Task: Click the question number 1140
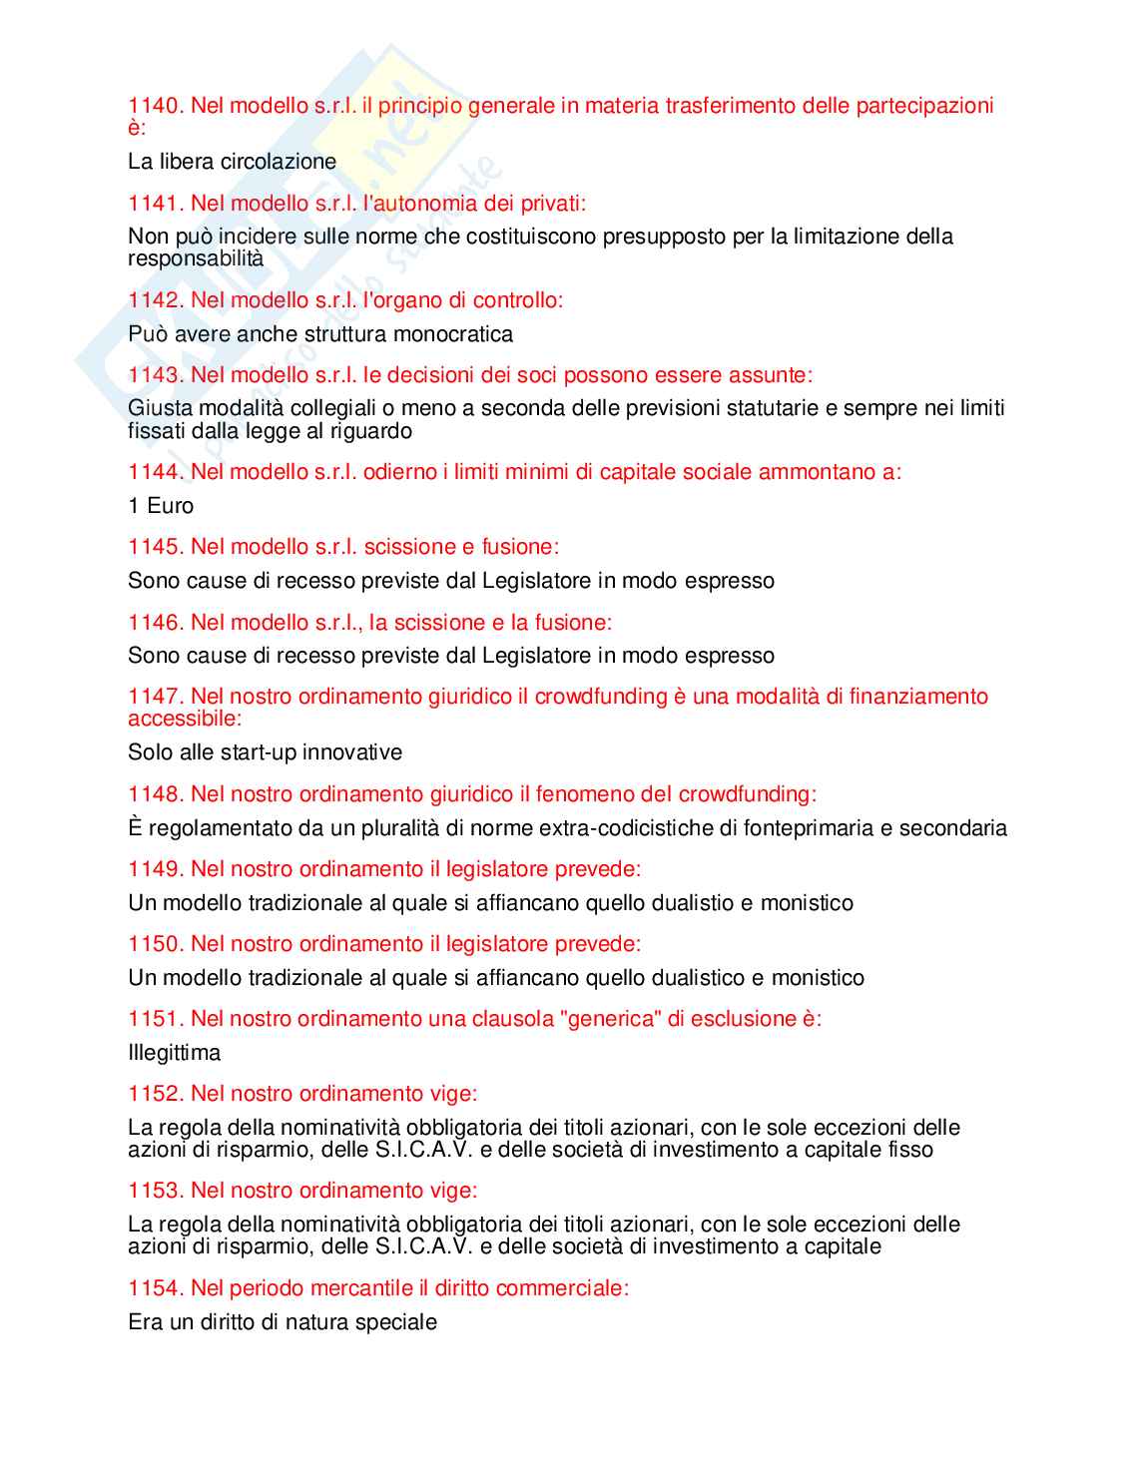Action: pyautogui.click(x=155, y=106)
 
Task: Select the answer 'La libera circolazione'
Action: pyautogui.click(x=232, y=162)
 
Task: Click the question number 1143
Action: pyautogui.click(x=155, y=375)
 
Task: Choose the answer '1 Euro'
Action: pyautogui.click(x=161, y=506)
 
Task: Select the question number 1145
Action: pyautogui.click(x=155, y=547)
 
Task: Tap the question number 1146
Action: pyautogui.click(x=155, y=623)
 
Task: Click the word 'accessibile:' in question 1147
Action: pyautogui.click(x=185, y=719)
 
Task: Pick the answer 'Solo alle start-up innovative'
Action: pyautogui.click(x=265, y=752)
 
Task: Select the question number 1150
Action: pyautogui.click(x=155, y=944)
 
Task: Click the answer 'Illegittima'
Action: pyautogui.click(x=174, y=1053)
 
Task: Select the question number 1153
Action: pyautogui.click(x=155, y=1191)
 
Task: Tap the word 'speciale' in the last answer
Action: pyautogui.click(x=399, y=1322)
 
